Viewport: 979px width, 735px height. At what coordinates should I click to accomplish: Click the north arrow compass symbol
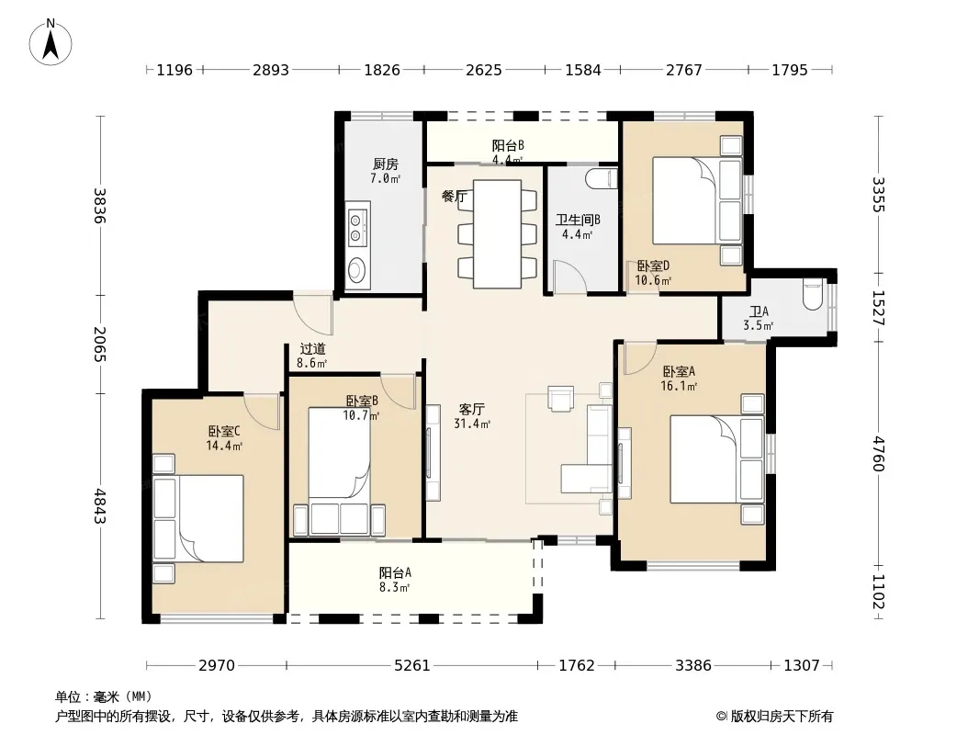tap(51, 42)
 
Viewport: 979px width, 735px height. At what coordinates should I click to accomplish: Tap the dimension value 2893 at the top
tap(270, 70)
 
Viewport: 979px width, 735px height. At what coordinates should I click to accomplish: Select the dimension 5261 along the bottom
tap(412, 666)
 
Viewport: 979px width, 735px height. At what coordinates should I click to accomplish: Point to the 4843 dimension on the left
tap(100, 506)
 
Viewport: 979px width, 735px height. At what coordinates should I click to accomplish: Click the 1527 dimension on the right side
tap(879, 308)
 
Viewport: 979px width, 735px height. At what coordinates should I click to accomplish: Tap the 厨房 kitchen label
tap(385, 164)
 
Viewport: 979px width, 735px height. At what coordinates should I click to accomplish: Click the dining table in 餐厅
tap(497, 234)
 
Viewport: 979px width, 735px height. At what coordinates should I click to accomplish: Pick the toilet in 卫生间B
tap(602, 178)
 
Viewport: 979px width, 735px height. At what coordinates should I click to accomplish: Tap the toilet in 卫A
tap(812, 295)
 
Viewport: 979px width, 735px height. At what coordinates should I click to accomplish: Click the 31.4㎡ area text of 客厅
tap(472, 424)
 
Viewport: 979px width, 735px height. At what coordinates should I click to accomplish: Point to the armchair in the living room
tap(561, 399)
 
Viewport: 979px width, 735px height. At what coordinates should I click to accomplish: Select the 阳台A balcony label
tap(395, 572)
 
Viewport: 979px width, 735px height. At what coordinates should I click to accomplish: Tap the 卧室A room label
tap(679, 371)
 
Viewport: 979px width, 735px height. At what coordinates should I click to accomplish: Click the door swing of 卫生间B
tap(569, 277)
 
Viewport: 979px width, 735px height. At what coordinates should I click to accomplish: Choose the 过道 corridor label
tap(312, 349)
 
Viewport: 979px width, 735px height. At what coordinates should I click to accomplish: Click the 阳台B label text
tap(508, 145)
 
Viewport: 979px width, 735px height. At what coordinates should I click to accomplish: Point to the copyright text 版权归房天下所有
tap(782, 717)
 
